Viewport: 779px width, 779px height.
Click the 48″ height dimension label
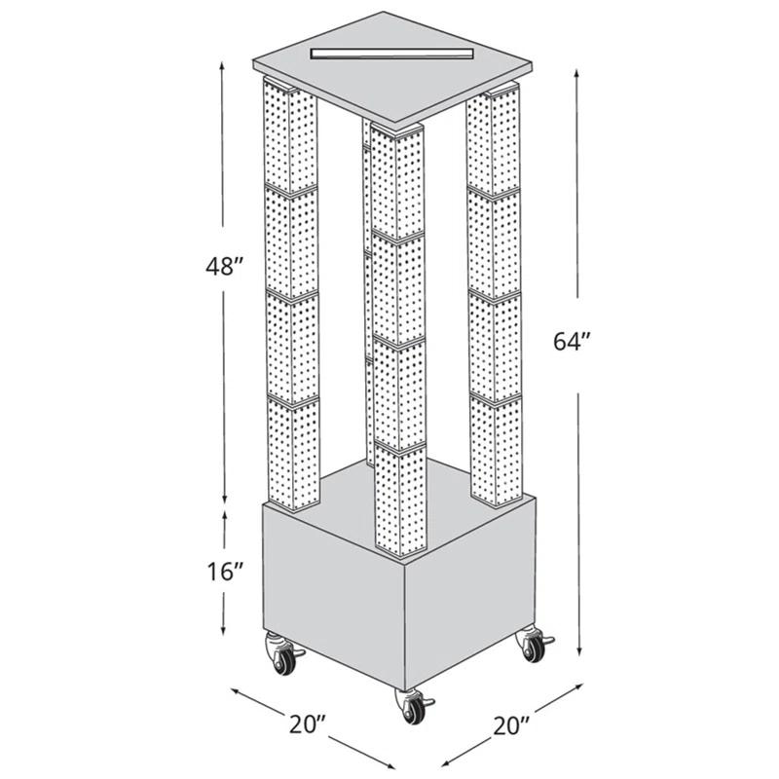click(x=224, y=267)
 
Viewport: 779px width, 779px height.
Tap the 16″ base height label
click(x=224, y=572)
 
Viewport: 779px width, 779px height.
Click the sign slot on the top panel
click(x=389, y=51)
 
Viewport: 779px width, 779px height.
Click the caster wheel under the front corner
click(x=413, y=705)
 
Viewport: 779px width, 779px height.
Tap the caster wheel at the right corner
click(x=533, y=646)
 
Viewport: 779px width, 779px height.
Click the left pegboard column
click(x=290, y=292)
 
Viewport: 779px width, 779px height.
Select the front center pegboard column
click(x=398, y=341)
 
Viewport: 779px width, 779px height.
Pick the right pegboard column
click(x=495, y=292)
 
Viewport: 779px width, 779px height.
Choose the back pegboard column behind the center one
click(x=367, y=292)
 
